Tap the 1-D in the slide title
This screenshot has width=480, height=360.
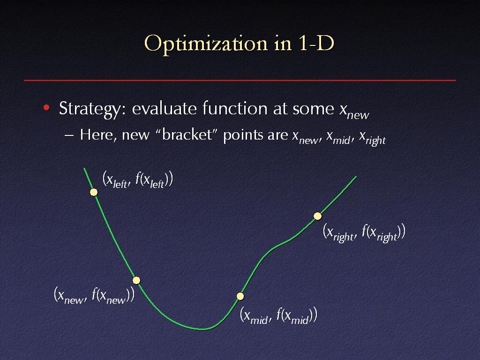[315, 43]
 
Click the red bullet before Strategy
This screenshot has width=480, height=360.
[46, 107]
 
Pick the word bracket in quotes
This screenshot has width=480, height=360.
[187, 135]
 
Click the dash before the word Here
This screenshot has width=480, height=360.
[69, 135]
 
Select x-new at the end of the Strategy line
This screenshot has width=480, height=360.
[354, 111]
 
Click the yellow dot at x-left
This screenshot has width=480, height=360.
[94, 192]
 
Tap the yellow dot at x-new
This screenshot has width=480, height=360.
[136, 280]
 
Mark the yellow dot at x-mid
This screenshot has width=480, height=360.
[240, 296]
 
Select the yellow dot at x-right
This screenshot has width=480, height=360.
[318, 216]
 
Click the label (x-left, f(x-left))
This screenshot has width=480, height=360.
[138, 180]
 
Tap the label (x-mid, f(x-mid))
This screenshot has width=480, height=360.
[278, 315]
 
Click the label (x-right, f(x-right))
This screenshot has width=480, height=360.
[364, 232]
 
